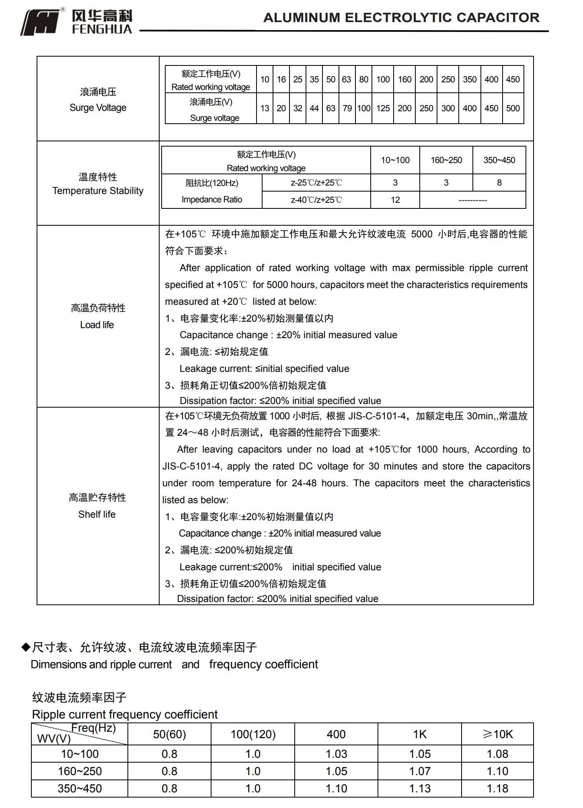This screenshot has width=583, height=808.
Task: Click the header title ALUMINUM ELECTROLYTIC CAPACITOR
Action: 401,18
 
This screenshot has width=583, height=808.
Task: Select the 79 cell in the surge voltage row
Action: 347,108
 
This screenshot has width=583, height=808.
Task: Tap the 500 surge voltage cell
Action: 513,108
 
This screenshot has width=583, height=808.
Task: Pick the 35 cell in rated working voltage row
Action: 314,80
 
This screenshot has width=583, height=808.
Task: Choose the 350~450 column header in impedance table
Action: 499,160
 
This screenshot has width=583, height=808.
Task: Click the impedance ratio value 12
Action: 395,200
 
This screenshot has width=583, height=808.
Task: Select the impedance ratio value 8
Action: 499,183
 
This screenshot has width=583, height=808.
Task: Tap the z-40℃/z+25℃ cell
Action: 316,200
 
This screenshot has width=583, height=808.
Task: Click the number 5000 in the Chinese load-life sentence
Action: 421,234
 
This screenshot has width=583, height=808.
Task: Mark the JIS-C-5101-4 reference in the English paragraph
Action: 191,466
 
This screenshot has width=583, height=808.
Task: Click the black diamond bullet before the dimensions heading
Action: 26,647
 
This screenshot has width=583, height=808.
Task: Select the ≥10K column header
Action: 497,734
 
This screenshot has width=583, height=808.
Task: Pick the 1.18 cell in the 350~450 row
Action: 497,788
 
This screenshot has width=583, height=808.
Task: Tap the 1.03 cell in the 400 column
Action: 336,754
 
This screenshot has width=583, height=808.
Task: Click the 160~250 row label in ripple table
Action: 80,771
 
